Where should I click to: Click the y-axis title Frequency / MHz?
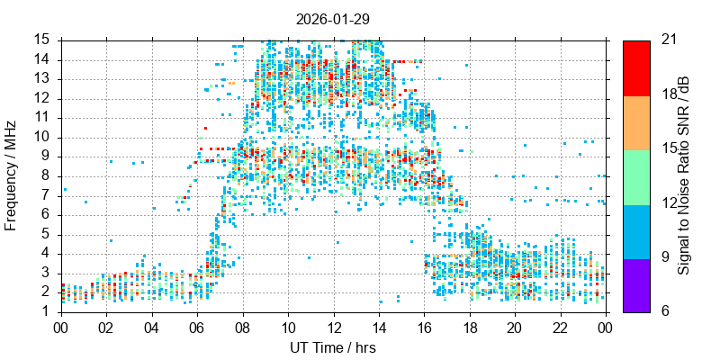(12, 175)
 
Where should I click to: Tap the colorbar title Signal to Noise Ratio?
(684, 175)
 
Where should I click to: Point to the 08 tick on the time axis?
(242, 328)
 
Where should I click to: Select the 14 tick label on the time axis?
(378, 328)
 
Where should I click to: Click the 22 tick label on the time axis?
(559, 328)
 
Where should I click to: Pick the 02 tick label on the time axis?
(106, 328)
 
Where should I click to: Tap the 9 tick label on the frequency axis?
(45, 157)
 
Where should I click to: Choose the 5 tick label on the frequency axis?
(45, 234)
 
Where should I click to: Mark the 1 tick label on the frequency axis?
(45, 311)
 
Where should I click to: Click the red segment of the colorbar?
(636, 67)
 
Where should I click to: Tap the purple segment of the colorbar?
(636, 284)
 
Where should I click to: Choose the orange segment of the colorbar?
(636, 121)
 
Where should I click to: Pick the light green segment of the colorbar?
(636, 176)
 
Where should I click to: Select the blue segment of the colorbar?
(636, 230)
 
